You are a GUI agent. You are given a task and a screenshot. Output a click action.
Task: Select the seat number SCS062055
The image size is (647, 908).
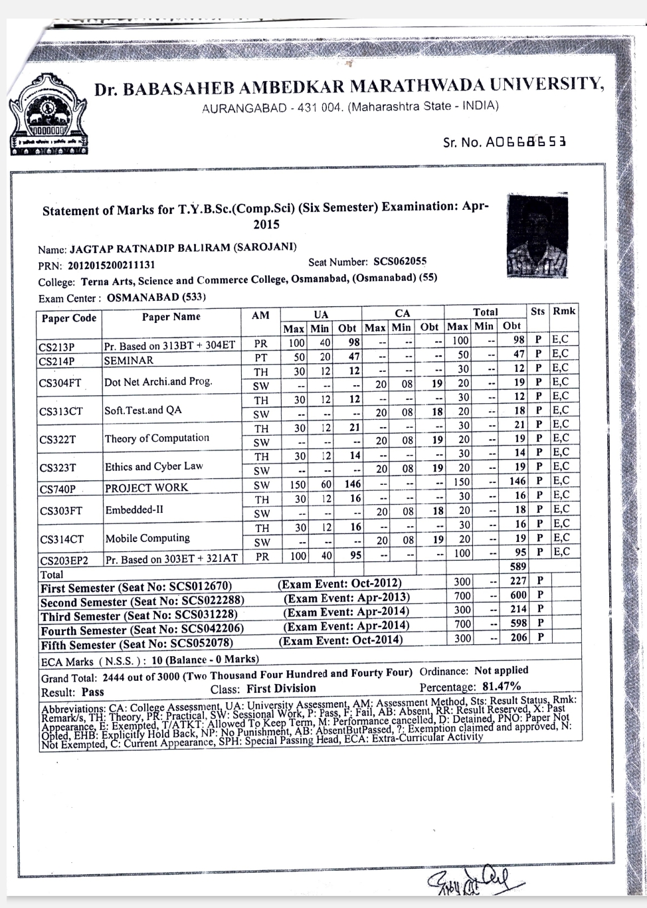pyautogui.click(x=400, y=262)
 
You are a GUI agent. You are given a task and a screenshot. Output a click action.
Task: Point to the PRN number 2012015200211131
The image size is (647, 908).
pyautogui.click(x=111, y=265)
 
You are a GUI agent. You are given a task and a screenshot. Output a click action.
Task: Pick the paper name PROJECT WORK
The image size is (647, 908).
pyautogui.click(x=146, y=488)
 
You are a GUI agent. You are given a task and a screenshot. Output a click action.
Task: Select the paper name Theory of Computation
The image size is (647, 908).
pyautogui.click(x=157, y=438)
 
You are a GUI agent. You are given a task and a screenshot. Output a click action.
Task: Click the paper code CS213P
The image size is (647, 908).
pyautogui.click(x=57, y=346)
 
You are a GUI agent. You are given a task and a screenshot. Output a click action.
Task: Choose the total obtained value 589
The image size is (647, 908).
pyautogui.click(x=517, y=567)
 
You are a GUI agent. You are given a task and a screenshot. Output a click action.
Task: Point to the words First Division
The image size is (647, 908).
pyautogui.click(x=281, y=689)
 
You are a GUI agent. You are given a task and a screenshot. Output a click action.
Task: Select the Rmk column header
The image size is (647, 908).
pyautogui.click(x=565, y=311)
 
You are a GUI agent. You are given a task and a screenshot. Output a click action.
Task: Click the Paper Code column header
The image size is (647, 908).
pyautogui.click(x=69, y=318)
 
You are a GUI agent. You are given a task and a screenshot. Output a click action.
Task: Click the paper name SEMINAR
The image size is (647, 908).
pyautogui.click(x=129, y=360)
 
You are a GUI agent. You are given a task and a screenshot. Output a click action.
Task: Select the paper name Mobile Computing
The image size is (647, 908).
pyautogui.click(x=147, y=538)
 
